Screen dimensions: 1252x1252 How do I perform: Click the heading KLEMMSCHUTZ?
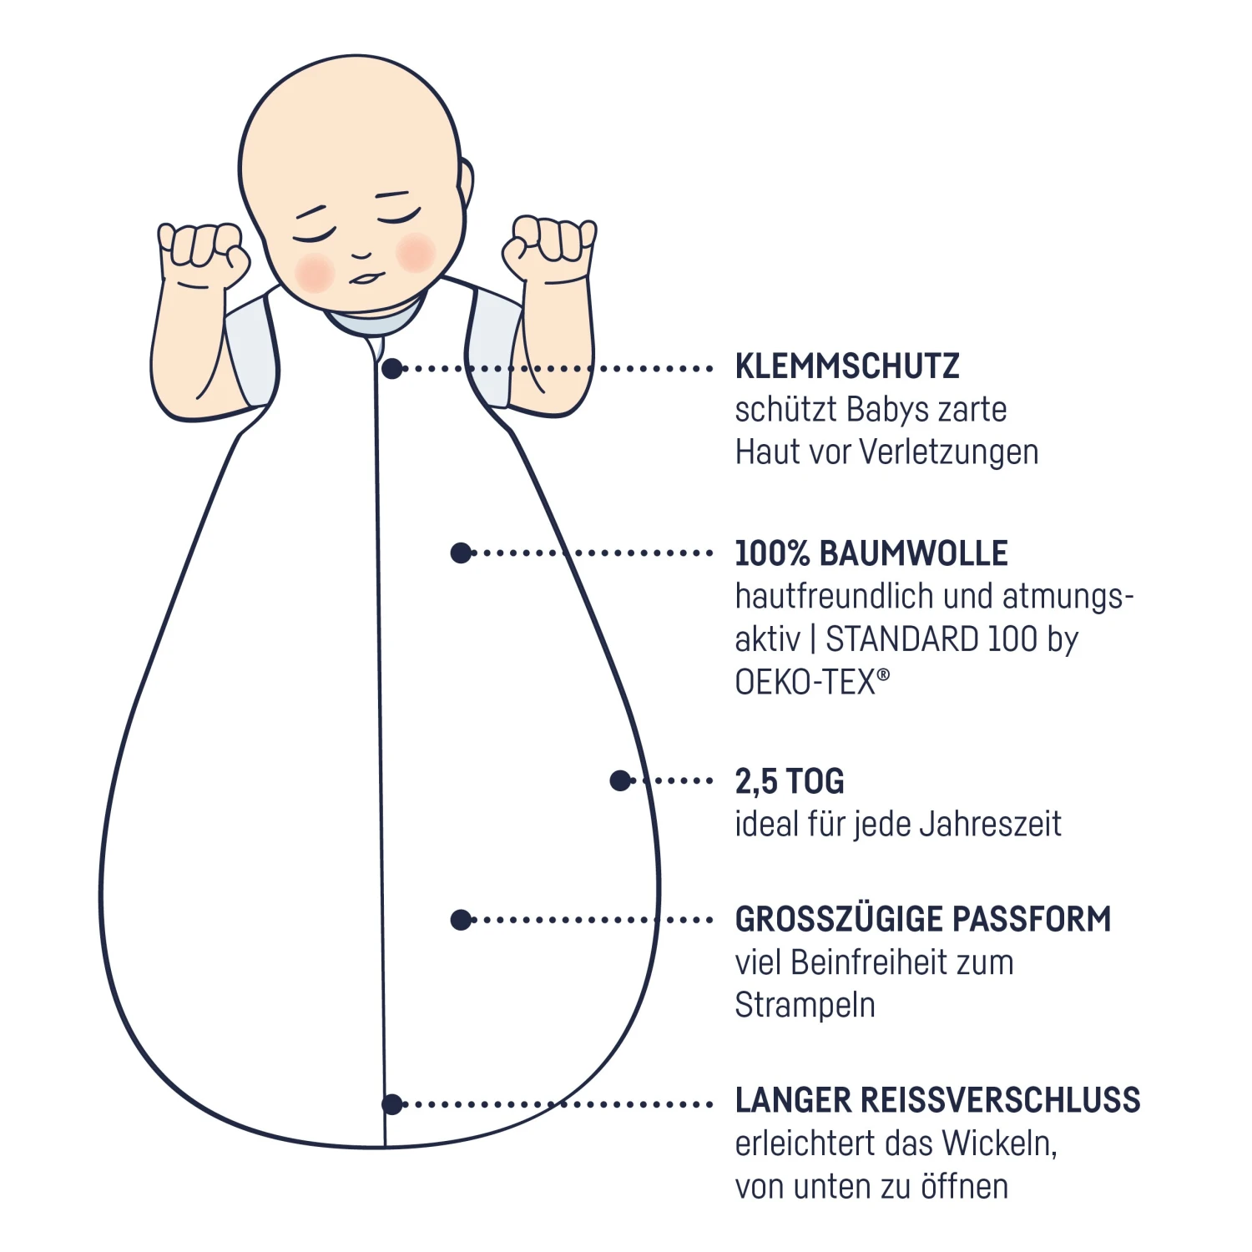point(846,366)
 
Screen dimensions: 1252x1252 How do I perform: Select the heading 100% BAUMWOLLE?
point(871,553)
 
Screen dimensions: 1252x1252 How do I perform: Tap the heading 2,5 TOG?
point(789,781)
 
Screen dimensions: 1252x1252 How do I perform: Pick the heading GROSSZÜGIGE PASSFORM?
point(922,919)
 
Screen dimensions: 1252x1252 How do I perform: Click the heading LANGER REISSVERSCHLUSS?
point(936,1100)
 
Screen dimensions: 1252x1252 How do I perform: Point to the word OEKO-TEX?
point(805,682)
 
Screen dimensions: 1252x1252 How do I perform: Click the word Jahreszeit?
point(990,825)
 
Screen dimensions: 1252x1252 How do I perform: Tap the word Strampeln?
point(805,1005)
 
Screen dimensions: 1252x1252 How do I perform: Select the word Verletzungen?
point(949,452)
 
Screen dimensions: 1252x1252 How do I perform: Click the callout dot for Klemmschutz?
point(392,368)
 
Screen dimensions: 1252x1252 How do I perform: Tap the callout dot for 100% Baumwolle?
point(461,553)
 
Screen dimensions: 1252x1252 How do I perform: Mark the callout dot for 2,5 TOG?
point(620,780)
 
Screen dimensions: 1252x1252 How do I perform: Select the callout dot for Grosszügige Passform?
point(461,920)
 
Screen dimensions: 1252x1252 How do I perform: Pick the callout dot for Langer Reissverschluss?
point(392,1104)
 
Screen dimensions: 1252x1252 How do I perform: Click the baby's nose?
point(361,254)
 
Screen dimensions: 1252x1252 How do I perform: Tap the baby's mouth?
point(364,278)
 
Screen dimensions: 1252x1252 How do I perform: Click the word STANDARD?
point(902,639)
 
